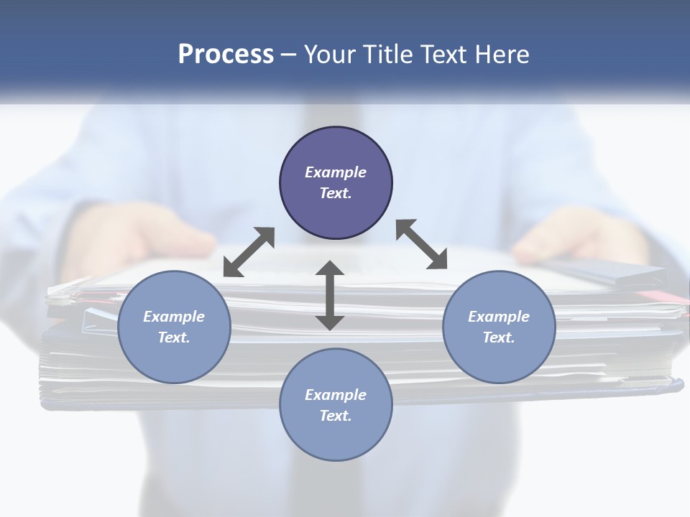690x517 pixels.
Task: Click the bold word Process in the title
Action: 226,55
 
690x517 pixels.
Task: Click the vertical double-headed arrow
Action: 330,295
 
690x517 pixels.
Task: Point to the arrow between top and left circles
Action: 249,251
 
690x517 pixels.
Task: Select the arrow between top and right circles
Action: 422,244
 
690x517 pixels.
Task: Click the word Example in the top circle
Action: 336,172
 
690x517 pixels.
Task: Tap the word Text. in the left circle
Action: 174,337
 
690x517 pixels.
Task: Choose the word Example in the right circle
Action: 499,317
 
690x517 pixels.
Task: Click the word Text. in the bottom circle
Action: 336,416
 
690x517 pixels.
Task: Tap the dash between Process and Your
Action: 289,55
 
